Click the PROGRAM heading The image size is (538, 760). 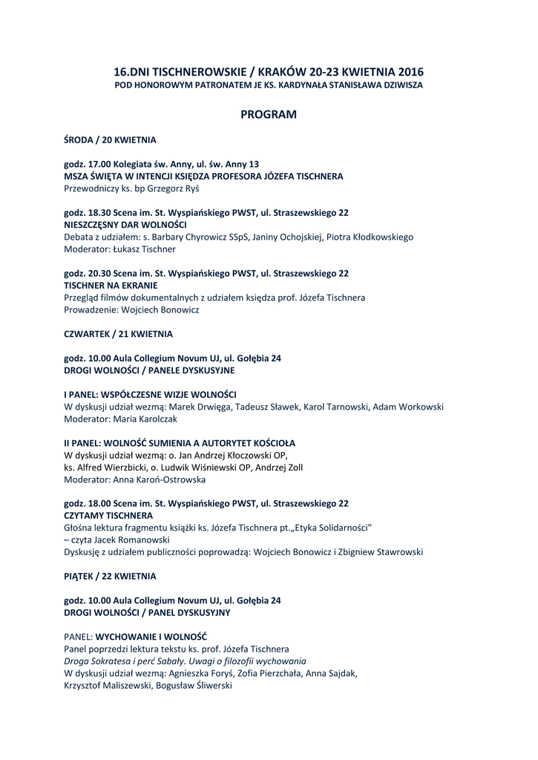coord(269,115)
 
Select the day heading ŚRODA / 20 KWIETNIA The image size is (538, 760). coord(110,140)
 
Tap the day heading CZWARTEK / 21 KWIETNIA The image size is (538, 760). coord(119,334)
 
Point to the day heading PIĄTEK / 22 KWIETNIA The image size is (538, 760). coord(111,576)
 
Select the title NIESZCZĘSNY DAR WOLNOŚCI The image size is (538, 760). coord(125,225)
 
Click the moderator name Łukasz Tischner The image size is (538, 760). coord(142,249)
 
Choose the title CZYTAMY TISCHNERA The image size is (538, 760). coord(109,516)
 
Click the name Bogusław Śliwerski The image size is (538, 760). coord(193,686)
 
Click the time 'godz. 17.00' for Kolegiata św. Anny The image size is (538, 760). coord(88,164)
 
